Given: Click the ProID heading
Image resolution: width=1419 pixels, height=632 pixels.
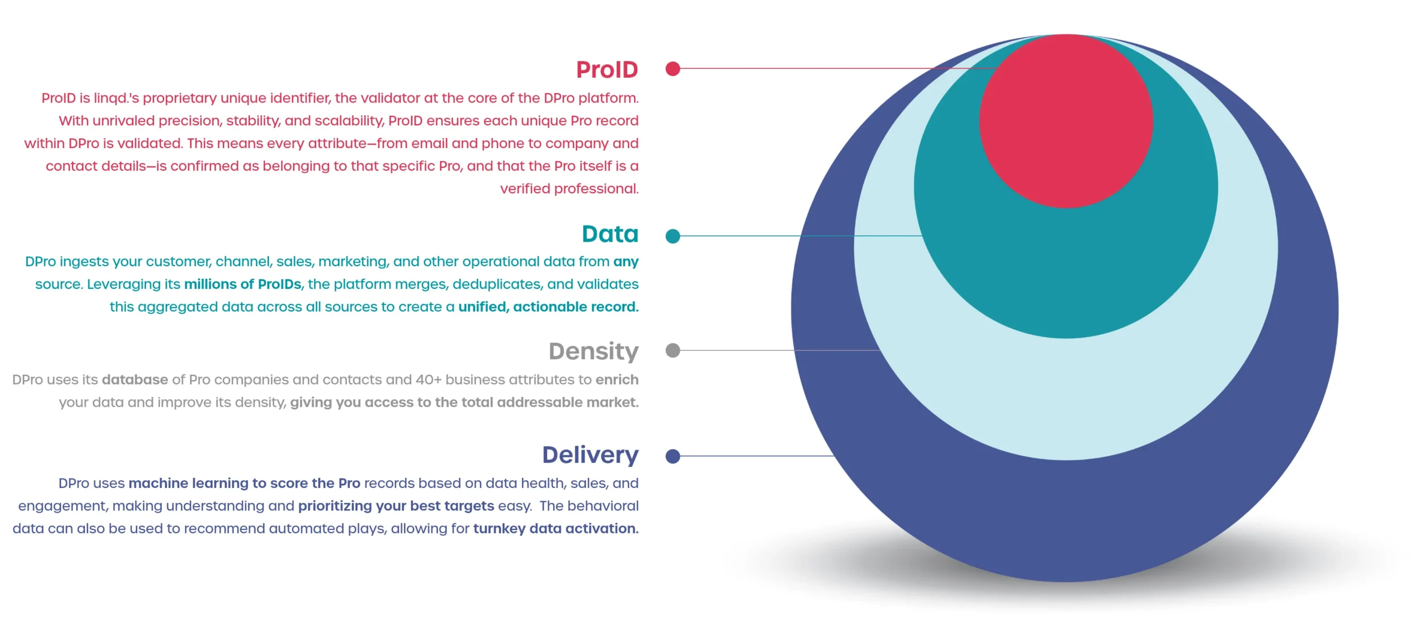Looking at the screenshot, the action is (607, 70).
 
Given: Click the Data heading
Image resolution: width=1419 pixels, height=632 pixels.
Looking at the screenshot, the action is (610, 234).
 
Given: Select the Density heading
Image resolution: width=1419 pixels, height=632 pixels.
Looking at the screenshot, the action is (594, 351).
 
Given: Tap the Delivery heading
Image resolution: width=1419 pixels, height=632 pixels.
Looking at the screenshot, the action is (590, 455).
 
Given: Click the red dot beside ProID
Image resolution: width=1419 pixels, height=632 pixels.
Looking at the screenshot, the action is (673, 69).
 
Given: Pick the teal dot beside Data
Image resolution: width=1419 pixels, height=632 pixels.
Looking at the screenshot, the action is (673, 236).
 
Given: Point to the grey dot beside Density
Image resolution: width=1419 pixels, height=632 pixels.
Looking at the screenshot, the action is (673, 350).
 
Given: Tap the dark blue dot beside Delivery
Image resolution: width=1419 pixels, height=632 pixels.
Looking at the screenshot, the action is (673, 456).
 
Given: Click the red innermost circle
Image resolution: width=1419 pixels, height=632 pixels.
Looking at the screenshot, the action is (1066, 121).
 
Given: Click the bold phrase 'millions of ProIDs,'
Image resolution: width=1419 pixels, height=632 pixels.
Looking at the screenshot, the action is (244, 284).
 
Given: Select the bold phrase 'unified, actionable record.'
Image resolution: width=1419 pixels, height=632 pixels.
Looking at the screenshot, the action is (548, 307).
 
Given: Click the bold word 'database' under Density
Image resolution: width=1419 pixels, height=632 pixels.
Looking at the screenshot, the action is (135, 380).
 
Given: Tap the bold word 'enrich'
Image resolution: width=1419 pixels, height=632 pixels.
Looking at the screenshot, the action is (617, 380).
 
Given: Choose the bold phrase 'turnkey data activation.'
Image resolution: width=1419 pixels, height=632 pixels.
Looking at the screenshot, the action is (556, 529).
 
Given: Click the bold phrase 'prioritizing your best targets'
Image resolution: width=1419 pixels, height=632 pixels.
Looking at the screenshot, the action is (396, 506).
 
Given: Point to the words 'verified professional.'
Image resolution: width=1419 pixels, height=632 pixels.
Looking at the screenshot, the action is (569, 189).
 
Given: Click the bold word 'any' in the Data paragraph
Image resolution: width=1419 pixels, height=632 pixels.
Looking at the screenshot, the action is (626, 262).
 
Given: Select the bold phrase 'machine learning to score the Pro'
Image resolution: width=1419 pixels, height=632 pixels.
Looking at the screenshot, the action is (244, 483).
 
